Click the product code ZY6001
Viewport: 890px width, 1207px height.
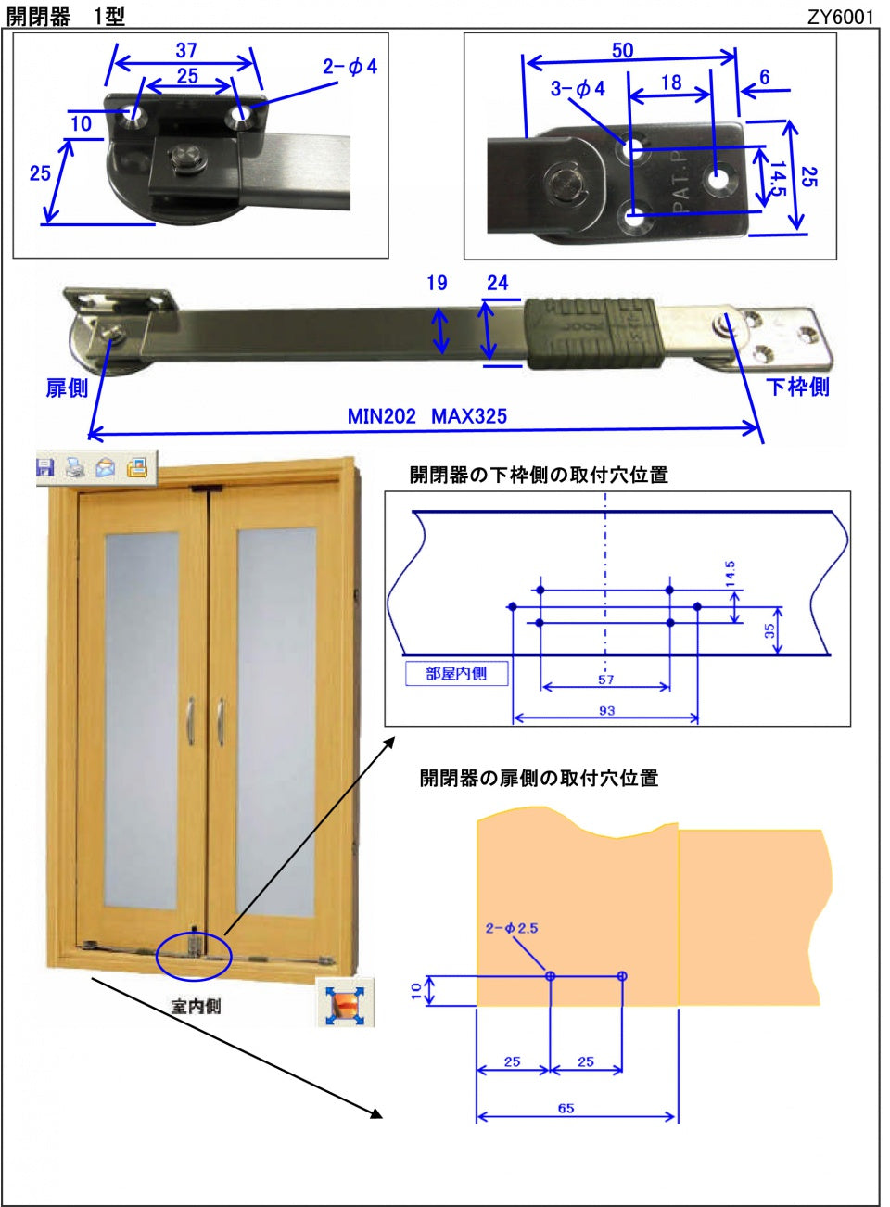(839, 17)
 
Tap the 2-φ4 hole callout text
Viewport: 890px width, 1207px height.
(350, 66)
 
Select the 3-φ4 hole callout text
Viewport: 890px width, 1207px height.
(577, 88)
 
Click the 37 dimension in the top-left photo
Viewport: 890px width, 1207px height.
(185, 50)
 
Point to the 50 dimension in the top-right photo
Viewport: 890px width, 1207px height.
(622, 50)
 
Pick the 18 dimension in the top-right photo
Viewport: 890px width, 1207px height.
(670, 83)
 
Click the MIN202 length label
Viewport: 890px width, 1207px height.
(381, 416)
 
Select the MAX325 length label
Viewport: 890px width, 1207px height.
(469, 416)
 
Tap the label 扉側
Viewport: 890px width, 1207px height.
(67, 388)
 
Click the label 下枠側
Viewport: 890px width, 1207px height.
(797, 387)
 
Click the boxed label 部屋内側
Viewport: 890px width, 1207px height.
(456, 674)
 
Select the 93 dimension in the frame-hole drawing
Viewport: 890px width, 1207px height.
(606, 711)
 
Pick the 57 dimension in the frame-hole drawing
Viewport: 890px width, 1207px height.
(605, 680)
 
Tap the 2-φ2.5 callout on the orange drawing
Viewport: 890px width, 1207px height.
(511, 927)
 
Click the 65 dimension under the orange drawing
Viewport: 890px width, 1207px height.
(566, 1108)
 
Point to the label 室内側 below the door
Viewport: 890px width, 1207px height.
(196, 1006)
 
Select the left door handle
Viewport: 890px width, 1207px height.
(190, 719)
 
